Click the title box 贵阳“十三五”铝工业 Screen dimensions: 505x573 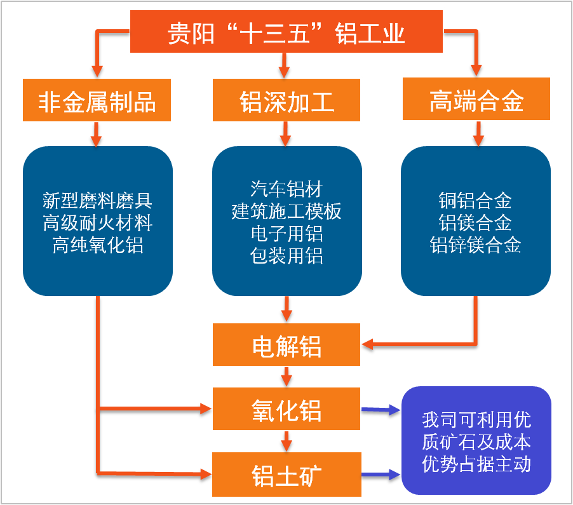click(286, 32)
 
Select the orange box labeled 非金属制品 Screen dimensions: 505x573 click(97, 100)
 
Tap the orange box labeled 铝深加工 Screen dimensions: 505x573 click(286, 100)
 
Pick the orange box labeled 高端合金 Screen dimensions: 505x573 click(476, 100)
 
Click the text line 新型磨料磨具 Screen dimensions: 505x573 click(97, 201)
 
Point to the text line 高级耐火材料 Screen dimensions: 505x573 click(97, 223)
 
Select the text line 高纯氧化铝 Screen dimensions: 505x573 click(97, 245)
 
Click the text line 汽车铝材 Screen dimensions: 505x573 click(286, 189)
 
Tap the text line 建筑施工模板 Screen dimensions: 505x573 click(286, 211)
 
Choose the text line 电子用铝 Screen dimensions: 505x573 click(286, 233)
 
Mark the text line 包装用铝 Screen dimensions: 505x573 click(286, 255)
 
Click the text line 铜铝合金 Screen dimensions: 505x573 click(475, 201)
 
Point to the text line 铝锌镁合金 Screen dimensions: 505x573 click(475, 245)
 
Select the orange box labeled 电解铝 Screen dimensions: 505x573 click(286, 346)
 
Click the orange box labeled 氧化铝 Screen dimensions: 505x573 click(286, 410)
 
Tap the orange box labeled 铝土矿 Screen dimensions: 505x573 click(286, 474)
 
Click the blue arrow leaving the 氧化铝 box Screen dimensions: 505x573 click(382, 411)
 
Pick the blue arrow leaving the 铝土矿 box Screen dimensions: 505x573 click(382, 475)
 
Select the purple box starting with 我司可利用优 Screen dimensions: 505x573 click(476, 441)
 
